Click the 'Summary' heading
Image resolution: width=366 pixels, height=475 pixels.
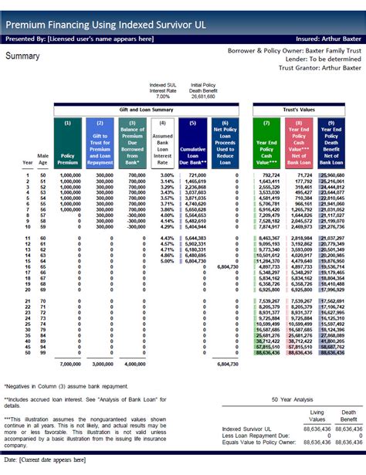23,56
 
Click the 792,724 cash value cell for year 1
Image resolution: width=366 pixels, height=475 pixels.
268,175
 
